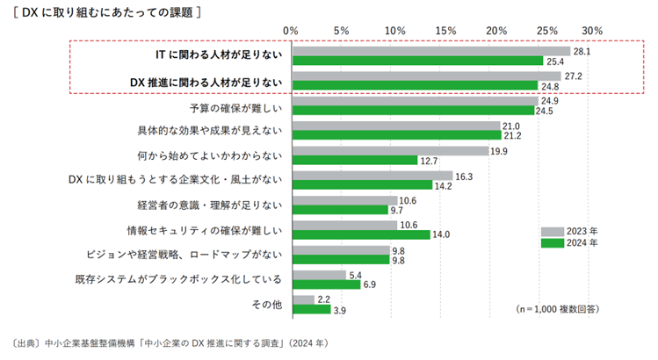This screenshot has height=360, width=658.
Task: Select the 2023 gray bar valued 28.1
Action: pyautogui.click(x=431, y=51)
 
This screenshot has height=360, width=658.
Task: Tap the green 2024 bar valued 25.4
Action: pyautogui.click(x=418, y=61)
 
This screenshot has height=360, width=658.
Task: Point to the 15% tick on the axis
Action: pyautogui.click(x=445, y=31)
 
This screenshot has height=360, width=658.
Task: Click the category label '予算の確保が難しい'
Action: pyautogui.click(x=236, y=108)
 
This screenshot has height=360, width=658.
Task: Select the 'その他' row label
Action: pyautogui.click(x=268, y=304)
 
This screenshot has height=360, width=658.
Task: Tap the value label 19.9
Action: pyautogui.click(x=499, y=152)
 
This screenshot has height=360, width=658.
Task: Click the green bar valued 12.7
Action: pyautogui.click(x=355, y=161)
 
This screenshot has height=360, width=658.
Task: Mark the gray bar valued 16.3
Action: pyautogui.click(x=372, y=176)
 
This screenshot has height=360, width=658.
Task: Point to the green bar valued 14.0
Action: pyautogui.click(x=361, y=234)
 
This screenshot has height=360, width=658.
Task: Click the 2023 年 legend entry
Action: pyautogui.click(x=567, y=232)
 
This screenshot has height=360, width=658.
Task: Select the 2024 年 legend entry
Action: pyautogui.click(x=567, y=243)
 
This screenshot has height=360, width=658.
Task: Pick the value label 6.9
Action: pyautogui.click(x=370, y=285)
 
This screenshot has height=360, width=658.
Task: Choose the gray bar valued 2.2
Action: pyautogui.click(x=303, y=299)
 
